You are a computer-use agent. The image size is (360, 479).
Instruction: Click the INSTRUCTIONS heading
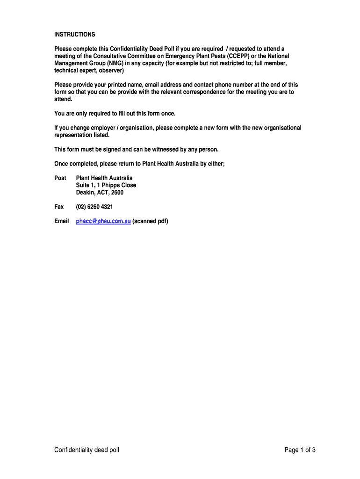(74, 35)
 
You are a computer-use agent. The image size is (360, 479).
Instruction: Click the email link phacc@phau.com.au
(103, 221)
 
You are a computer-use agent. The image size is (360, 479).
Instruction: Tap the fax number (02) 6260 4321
(94, 207)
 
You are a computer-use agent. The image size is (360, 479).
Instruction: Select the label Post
(60, 178)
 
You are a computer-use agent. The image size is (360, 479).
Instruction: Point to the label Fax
(59, 207)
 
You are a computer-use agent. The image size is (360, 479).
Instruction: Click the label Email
(61, 221)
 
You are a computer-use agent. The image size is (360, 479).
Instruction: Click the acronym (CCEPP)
(238, 56)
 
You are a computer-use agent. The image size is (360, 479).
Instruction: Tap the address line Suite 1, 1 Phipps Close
(106, 185)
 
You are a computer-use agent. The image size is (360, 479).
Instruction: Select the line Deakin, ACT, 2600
(100, 192)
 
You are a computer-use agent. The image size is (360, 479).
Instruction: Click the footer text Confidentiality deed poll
(86, 450)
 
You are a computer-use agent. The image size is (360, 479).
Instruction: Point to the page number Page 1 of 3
(300, 450)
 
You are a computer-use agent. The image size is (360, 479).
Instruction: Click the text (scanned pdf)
(150, 221)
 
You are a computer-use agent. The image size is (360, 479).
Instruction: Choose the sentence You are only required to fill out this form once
(115, 114)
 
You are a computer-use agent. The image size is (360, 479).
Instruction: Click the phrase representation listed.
(82, 135)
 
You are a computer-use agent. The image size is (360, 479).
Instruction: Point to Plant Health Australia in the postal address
(104, 178)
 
